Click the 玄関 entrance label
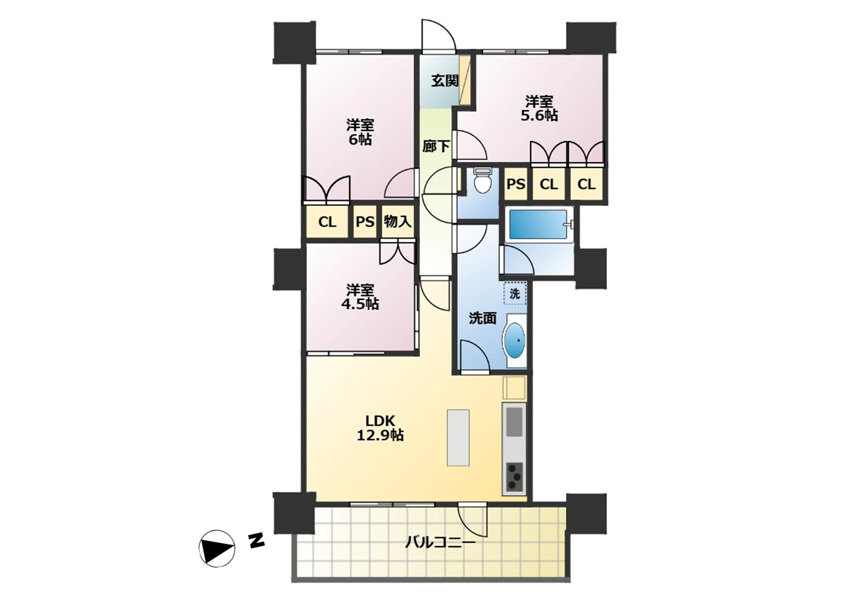[x=445, y=81]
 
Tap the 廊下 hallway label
[x=436, y=146]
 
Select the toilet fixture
[x=481, y=181]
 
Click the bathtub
[x=539, y=225]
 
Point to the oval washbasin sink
[x=515, y=341]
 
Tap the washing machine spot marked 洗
[x=515, y=294]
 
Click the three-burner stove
[x=515, y=477]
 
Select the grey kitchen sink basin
[x=515, y=422]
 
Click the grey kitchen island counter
[x=458, y=438]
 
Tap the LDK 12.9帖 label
[x=380, y=428]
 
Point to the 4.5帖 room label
[x=361, y=297]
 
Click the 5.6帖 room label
[x=539, y=109]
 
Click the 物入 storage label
[x=398, y=221]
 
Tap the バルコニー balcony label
[x=440, y=542]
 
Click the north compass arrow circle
[x=217, y=549]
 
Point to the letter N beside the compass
[x=256, y=540]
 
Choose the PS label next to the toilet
[x=516, y=184]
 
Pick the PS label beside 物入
[x=365, y=221]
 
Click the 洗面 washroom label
[x=483, y=318]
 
